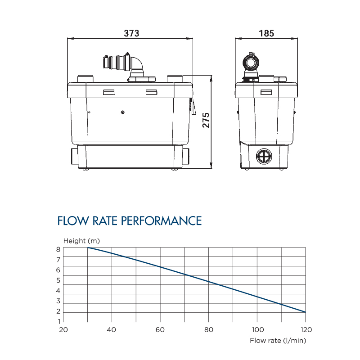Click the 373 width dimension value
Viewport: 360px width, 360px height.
click(131, 33)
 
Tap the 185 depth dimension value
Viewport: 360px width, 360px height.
click(266, 33)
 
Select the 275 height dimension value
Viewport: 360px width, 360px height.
click(206, 120)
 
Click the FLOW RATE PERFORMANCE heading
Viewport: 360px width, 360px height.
click(130, 221)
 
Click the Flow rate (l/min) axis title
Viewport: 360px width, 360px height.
click(278, 340)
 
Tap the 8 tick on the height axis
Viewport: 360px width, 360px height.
click(58, 249)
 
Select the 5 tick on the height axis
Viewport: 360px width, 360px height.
click(58, 280)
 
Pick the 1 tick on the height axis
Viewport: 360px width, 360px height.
click(58, 322)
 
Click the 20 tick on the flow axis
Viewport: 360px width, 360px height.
click(63, 329)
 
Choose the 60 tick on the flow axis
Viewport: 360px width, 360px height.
click(160, 329)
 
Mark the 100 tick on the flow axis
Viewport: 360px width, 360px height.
click(257, 329)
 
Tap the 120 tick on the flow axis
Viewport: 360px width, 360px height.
click(306, 329)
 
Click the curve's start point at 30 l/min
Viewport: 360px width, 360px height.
click(88, 247)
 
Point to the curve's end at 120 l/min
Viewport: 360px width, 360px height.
click(306, 312)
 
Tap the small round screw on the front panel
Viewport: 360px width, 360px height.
click(123, 112)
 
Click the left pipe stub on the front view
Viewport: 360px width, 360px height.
click(74, 156)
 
